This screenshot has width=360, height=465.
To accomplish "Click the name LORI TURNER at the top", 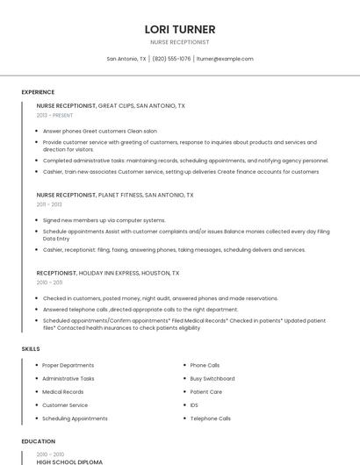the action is pyautogui.click(x=180, y=29).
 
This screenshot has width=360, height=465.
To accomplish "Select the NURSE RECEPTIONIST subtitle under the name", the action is pyautogui.click(x=180, y=42).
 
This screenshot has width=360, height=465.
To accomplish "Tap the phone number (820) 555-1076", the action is pyautogui.click(x=171, y=59).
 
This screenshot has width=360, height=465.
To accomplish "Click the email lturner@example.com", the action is pyautogui.click(x=225, y=59).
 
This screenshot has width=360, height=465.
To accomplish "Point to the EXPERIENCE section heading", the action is pyautogui.click(x=38, y=92).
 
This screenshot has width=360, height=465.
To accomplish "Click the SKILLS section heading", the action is pyautogui.click(x=31, y=349).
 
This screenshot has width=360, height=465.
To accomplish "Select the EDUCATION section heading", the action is pyautogui.click(x=38, y=441).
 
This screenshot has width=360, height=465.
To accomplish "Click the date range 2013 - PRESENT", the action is pyautogui.click(x=54, y=115).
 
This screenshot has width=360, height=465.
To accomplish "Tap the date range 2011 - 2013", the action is pyautogui.click(x=49, y=204).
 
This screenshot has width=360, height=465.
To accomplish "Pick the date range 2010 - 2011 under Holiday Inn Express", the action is pyautogui.click(x=49, y=283).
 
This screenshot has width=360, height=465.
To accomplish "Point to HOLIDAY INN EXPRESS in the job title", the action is pyautogui.click(x=109, y=273).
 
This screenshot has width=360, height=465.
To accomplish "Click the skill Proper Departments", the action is pyautogui.click(x=68, y=365).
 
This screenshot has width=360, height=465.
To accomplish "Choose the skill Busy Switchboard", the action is pyautogui.click(x=212, y=378).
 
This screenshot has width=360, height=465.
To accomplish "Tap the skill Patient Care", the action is pyautogui.click(x=206, y=391).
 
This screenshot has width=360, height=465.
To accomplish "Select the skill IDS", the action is pyautogui.click(x=194, y=405).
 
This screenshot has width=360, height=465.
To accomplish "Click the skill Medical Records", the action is pyautogui.click(x=63, y=391).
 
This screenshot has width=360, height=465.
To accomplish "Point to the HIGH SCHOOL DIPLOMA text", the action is pyautogui.click(x=69, y=461).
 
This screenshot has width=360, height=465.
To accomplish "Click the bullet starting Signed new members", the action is pyautogui.click(x=104, y=220).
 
